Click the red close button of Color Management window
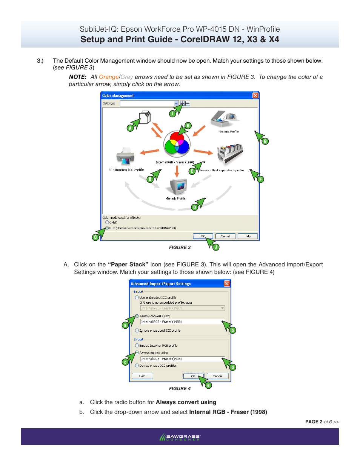255,95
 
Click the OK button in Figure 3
203,236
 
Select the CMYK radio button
107,223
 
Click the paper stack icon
145,117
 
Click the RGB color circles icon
177,144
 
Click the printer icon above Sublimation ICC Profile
126,156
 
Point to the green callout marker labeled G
265,141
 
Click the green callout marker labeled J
216,247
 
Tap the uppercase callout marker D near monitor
195,207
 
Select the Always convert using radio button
137,316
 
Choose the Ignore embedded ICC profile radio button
137,331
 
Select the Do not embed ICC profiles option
137,366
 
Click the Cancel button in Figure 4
217,376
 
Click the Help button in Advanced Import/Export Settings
142,376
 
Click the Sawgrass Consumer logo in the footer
180,437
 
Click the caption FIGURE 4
180,389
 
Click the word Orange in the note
109,77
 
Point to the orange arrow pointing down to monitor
177,172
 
